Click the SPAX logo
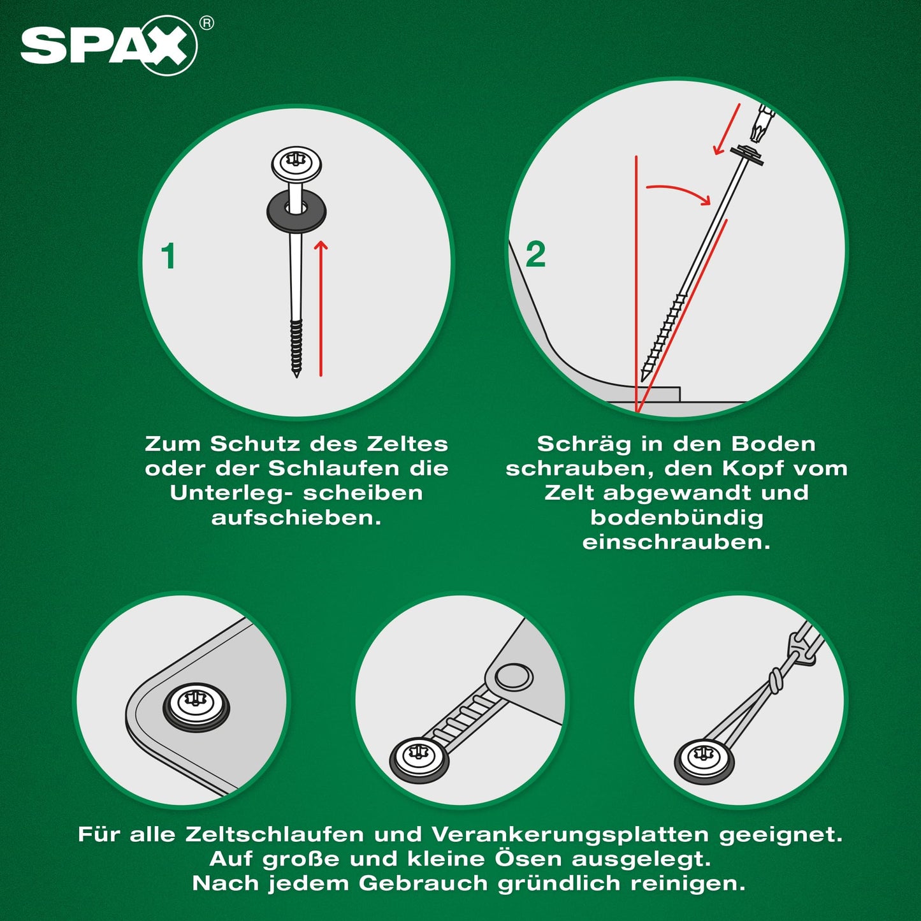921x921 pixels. coord(108,46)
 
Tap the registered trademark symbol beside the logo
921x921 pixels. coord(206,23)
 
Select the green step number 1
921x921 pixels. coord(168,256)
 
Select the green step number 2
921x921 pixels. coord(535,254)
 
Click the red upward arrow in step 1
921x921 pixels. coord(321,308)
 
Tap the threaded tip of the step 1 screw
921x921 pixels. coord(296,349)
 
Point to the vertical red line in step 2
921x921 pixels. coord(636,284)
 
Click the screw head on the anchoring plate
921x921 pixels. coord(196,704)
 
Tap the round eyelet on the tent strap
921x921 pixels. coord(513,676)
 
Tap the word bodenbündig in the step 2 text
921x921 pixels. coord(677,518)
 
